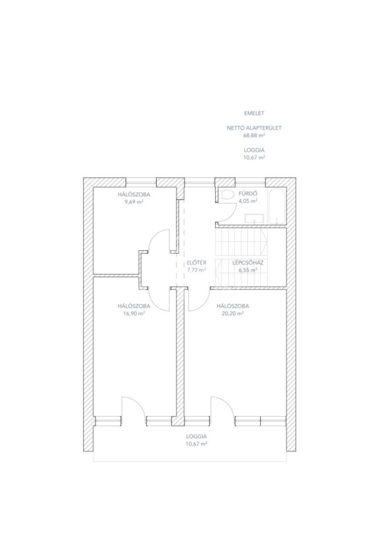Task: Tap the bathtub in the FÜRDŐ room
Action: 276,206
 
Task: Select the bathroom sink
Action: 254,218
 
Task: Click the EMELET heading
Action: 254,113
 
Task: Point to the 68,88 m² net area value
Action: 254,135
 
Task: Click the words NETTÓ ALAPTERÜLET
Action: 254,128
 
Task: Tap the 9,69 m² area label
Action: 134,202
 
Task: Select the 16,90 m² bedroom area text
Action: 134,313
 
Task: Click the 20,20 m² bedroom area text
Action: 232,313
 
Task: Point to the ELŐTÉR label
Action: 196,263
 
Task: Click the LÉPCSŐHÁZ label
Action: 248,263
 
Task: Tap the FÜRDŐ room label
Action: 248,193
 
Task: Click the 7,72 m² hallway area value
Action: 196,270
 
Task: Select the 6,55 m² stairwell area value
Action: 248,270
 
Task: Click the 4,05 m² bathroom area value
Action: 248,201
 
